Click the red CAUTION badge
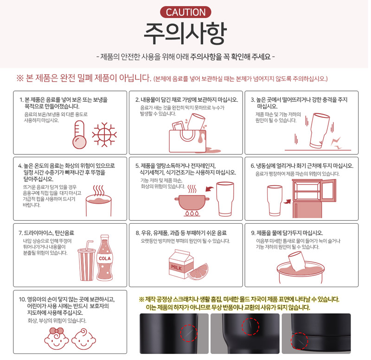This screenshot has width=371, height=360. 185,12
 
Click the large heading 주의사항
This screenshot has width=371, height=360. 185,33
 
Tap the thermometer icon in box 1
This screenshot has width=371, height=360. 79,135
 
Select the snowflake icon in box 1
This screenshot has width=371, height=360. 104,135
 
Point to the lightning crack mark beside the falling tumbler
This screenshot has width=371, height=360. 336,143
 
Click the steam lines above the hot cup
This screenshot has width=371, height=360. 99,191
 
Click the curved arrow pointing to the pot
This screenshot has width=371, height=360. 210,189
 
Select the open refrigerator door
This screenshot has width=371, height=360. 329,191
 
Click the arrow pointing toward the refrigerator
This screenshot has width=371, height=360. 287,201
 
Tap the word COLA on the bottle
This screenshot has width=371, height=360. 105,258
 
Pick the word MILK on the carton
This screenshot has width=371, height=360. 177,268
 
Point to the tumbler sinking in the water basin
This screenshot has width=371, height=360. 297,261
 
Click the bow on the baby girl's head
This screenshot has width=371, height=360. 57,331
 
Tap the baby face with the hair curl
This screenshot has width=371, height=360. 83,339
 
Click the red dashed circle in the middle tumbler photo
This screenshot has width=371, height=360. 250,327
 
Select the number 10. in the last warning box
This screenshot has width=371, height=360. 22,299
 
